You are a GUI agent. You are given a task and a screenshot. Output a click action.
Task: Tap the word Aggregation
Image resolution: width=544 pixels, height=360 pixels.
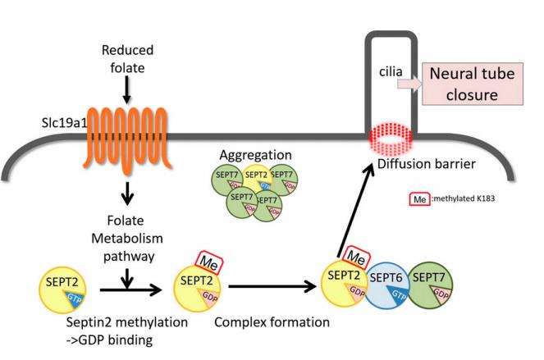click(258, 156)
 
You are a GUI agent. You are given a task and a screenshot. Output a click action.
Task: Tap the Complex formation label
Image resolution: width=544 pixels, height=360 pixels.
click(271, 322)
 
